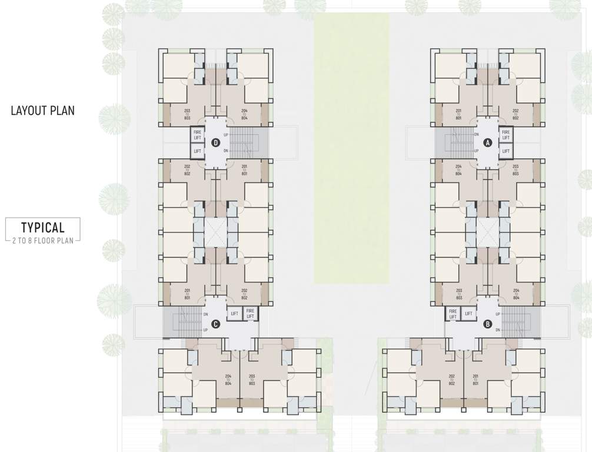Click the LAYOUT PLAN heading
(x=42, y=110)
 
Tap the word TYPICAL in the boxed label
(x=42, y=227)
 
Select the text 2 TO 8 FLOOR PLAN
(x=42, y=241)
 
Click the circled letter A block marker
(x=487, y=142)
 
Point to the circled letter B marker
(x=487, y=323)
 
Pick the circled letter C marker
(x=216, y=323)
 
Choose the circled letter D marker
(x=216, y=142)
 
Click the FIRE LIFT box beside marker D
(x=197, y=135)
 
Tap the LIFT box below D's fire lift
(x=197, y=151)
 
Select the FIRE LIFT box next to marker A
(x=505, y=135)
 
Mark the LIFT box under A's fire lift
(x=505, y=151)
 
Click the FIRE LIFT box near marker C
(x=250, y=314)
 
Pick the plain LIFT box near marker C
(x=234, y=314)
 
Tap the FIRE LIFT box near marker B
(x=453, y=314)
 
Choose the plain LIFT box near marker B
(x=468, y=314)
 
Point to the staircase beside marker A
(x=453, y=142)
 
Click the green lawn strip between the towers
(x=351, y=147)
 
